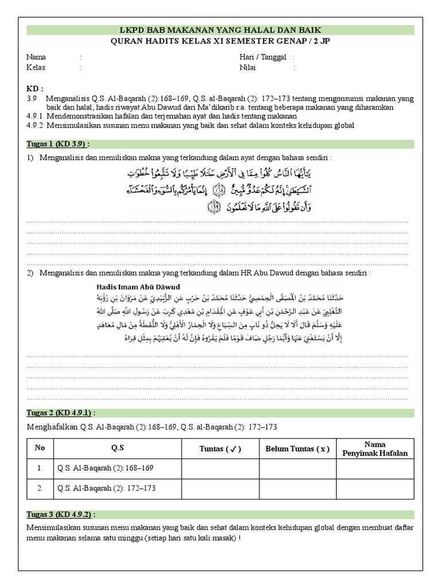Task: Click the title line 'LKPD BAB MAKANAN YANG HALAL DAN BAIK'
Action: [x=220, y=29]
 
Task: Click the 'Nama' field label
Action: [x=36, y=57]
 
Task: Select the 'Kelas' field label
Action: [x=36, y=67]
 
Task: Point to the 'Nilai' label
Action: [x=247, y=67]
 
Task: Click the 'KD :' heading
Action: [x=35, y=89]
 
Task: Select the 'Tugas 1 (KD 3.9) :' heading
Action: [x=59, y=144]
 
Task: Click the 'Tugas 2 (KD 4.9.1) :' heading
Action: [x=61, y=413]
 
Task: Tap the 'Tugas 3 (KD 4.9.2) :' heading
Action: [x=61, y=514]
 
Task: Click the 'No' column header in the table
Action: [x=40, y=448]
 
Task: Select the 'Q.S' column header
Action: [x=117, y=448]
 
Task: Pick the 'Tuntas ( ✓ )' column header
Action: [x=220, y=448]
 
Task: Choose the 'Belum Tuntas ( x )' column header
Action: [x=297, y=448]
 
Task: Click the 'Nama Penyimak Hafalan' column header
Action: [x=374, y=448]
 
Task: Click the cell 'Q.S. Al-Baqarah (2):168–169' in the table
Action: [x=106, y=468]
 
